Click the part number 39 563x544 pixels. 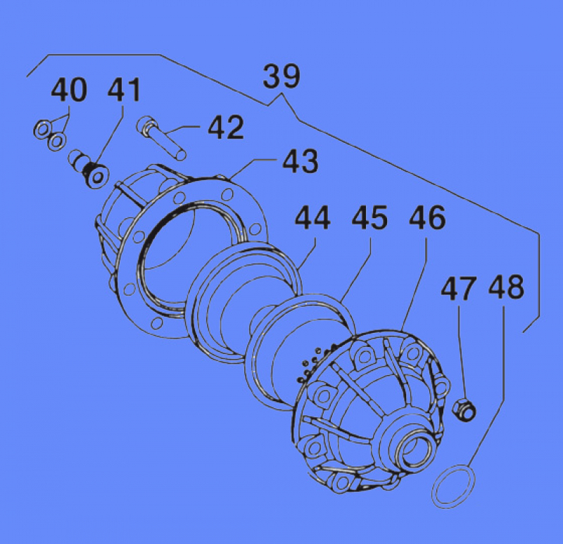click(x=281, y=76)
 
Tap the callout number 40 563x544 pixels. click(x=69, y=91)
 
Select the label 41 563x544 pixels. click(x=124, y=91)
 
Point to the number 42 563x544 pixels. click(x=225, y=128)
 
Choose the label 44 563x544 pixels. click(x=312, y=218)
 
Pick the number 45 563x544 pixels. click(x=369, y=218)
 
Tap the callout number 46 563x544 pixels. click(x=427, y=218)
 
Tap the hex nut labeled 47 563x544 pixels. click(x=464, y=407)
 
